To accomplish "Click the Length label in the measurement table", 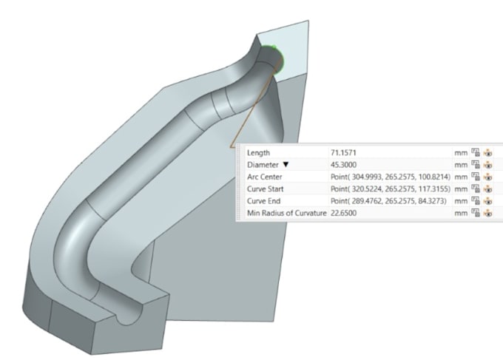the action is tap(258, 153).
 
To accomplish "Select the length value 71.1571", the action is tap(343, 153).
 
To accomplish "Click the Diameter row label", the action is tap(263, 165).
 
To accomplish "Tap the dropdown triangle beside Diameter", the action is tap(286, 165).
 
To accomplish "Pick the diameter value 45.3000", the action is tap(343, 165).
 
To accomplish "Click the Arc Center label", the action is tap(265, 177).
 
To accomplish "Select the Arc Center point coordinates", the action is tap(391, 177).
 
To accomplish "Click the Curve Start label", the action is tap(266, 189).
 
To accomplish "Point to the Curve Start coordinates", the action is tap(391, 189).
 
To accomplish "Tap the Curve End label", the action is tap(263, 201).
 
